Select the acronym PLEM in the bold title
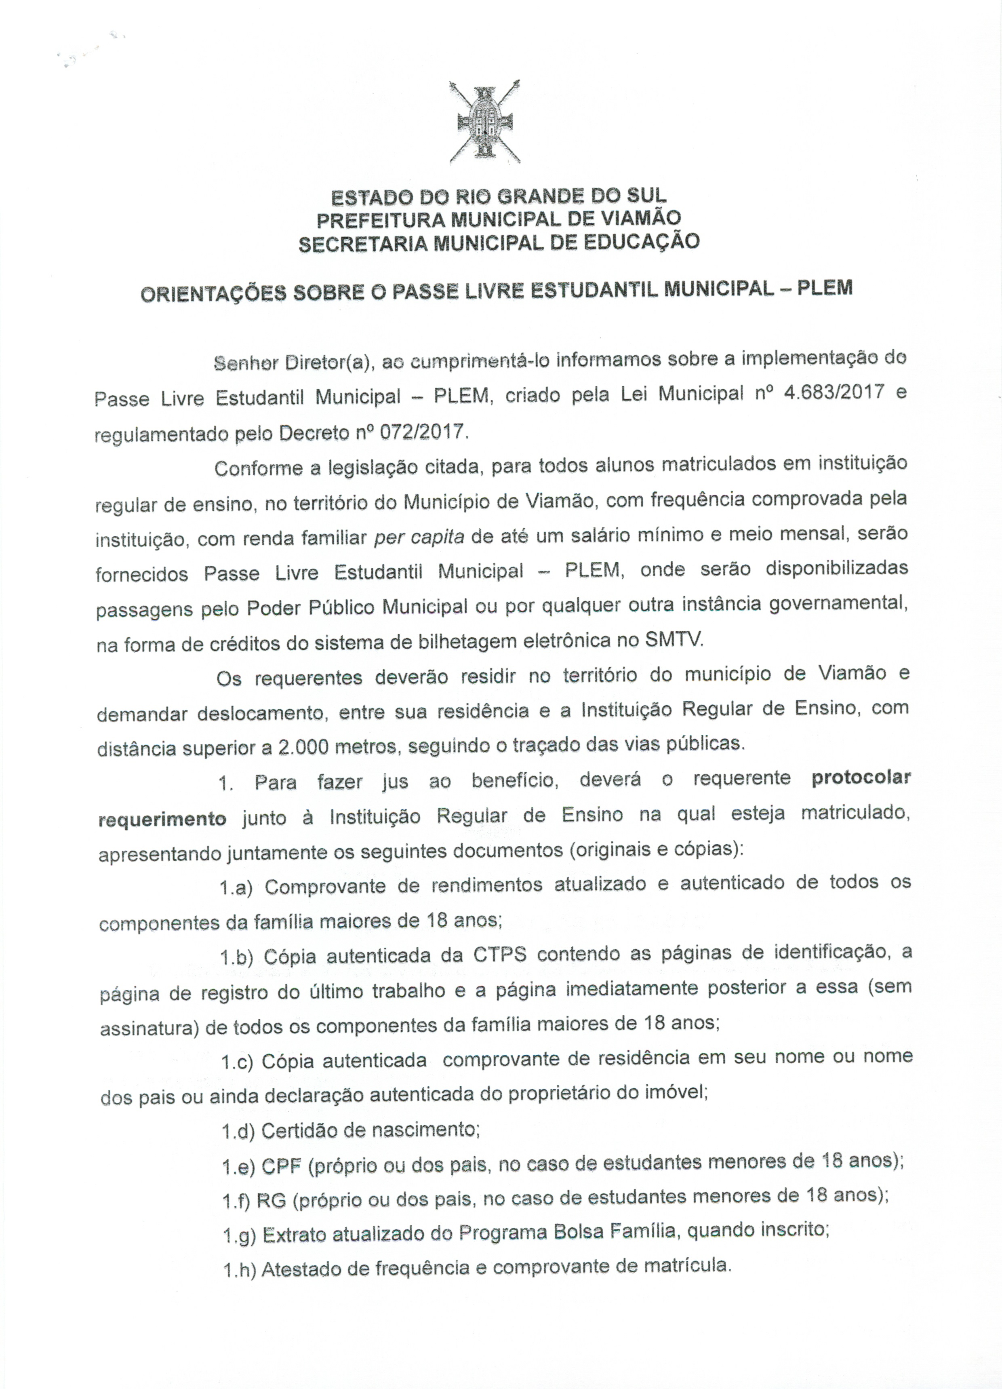tap(824, 288)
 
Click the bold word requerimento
tap(162, 819)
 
